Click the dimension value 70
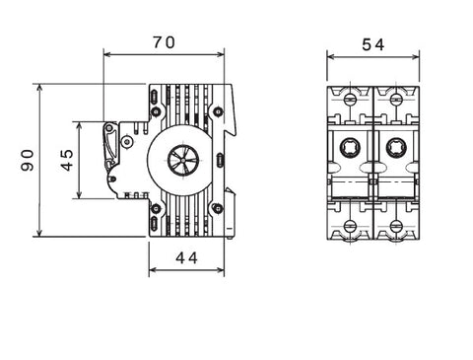click(164, 42)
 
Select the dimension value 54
click(372, 44)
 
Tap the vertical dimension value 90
click(28, 160)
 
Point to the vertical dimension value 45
click(67, 160)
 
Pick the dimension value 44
click(186, 258)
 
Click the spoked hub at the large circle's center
click(183, 160)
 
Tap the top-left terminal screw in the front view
click(350, 99)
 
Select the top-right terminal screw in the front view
click(396, 99)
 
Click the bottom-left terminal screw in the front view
click(350, 226)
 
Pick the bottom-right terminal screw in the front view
click(396, 226)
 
